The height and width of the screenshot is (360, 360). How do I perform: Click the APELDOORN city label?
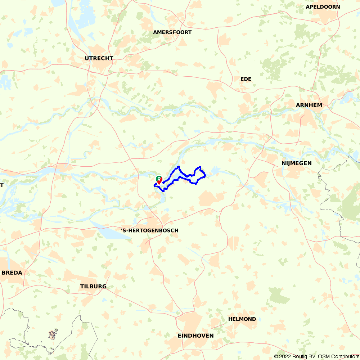pos(323,7)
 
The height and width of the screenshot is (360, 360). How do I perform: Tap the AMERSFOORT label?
pos(172,32)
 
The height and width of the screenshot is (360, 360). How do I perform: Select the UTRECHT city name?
pos(99,58)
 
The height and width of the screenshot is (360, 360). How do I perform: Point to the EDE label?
pos(246,79)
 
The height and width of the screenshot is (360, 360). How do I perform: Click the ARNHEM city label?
pos(309,105)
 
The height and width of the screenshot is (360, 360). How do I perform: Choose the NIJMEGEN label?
pos(297,163)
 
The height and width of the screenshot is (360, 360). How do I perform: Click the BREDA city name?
pos(12,273)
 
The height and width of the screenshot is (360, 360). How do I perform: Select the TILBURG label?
pos(93,286)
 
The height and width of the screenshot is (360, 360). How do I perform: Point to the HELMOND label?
pos(242,319)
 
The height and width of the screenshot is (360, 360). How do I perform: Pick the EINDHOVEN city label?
pos(195,336)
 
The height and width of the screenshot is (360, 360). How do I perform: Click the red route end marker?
pos(159,179)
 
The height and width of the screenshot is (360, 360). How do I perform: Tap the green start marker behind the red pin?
pos(158,177)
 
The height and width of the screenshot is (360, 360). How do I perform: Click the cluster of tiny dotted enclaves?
pos(53,335)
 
